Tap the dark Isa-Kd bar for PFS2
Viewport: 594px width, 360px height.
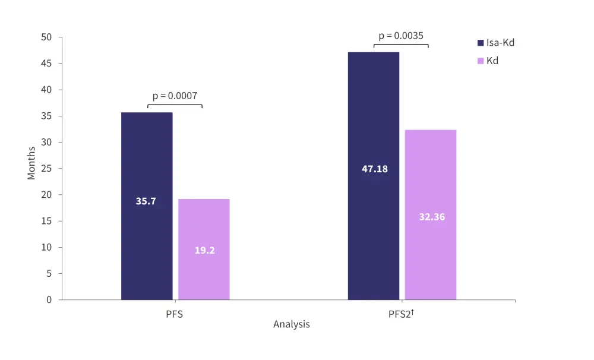pos(374,119)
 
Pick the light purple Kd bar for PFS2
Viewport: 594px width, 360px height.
pos(431,178)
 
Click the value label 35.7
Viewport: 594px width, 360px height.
pos(146,201)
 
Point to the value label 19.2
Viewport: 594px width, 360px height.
pos(204,250)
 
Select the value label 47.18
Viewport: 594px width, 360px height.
pos(374,169)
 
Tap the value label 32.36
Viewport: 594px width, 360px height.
pos(431,217)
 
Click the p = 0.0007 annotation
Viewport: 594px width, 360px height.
pos(175,95)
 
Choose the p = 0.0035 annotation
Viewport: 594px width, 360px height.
pos(401,36)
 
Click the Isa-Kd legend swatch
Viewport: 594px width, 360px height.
pos(481,43)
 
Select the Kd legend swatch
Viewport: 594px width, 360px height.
pos(481,61)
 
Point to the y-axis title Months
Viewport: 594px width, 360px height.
pos(31,163)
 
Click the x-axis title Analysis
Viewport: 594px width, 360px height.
pos(291,325)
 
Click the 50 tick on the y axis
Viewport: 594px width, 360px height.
pos(47,37)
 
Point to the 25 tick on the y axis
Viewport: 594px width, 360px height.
pos(47,169)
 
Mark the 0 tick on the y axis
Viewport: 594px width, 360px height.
pos(49,300)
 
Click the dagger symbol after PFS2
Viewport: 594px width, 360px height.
pos(412,311)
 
